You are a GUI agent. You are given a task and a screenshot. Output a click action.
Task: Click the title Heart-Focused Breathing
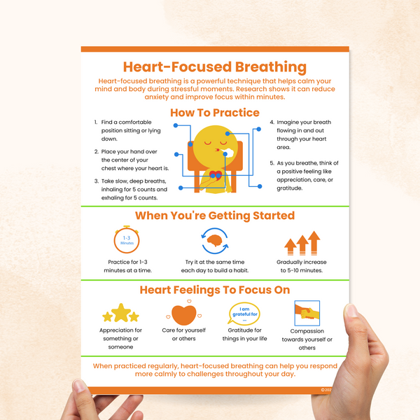click(x=214, y=67)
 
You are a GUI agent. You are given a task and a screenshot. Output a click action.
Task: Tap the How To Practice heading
click(x=214, y=112)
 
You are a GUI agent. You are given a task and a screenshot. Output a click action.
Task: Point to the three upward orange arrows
click(x=302, y=243)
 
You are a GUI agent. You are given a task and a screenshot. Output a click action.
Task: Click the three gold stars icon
click(x=121, y=313)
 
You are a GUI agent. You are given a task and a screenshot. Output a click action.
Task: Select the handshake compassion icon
click(x=307, y=311)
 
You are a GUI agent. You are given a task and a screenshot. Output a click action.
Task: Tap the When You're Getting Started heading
click(x=214, y=216)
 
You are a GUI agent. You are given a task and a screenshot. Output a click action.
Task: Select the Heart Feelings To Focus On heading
click(x=214, y=289)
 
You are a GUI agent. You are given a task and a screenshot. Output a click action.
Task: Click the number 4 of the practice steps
click(x=272, y=122)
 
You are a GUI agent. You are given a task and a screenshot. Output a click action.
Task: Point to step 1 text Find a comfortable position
click(x=126, y=130)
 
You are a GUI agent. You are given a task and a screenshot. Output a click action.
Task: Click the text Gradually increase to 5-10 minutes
click(x=301, y=266)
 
